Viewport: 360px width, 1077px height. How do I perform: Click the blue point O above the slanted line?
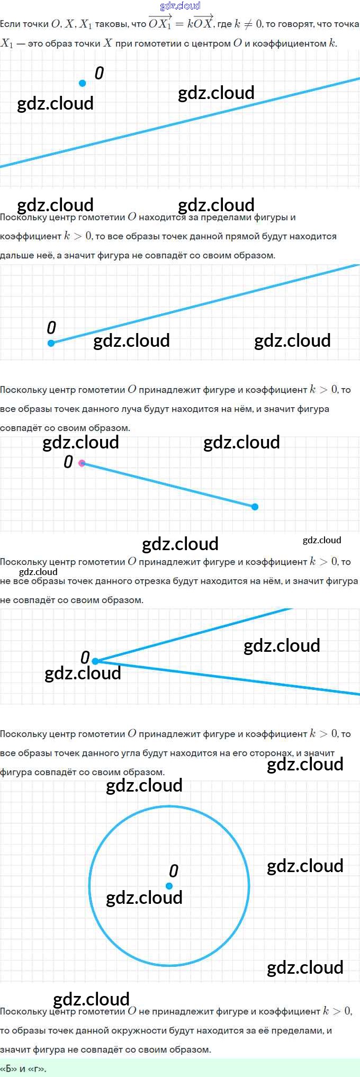(x=82, y=83)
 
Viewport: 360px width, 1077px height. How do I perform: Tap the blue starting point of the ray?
(x=51, y=343)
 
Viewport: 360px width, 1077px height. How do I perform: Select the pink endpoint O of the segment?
(x=82, y=463)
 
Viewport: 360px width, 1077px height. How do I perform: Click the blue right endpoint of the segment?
(x=255, y=507)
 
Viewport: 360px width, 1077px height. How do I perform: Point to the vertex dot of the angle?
(x=95, y=661)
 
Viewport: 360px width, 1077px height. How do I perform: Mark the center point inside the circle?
(x=169, y=886)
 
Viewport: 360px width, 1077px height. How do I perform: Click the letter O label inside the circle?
(x=174, y=871)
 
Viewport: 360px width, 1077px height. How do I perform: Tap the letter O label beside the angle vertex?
(x=85, y=658)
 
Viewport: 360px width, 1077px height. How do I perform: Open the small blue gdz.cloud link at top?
(x=180, y=6)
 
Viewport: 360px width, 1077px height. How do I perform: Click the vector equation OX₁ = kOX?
(x=181, y=23)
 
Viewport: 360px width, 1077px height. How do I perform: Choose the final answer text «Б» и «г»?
(x=23, y=1069)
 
